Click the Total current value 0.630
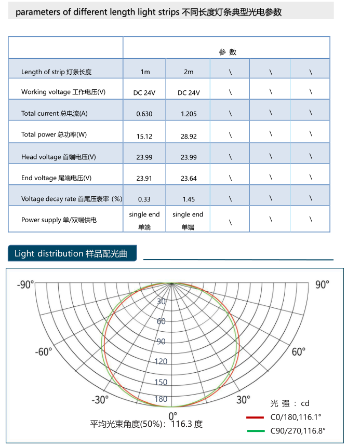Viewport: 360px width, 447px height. tap(144, 114)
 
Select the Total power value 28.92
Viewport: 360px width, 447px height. tap(189, 136)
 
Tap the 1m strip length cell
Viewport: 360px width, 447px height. tap(145, 72)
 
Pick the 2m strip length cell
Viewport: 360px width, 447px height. tap(189, 72)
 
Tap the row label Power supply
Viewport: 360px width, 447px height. tap(59, 220)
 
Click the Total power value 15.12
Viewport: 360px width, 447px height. tap(144, 136)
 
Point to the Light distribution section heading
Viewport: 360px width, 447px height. tap(75, 253)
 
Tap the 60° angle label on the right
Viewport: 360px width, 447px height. tap(299, 351)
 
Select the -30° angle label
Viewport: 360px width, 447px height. tap(100, 399)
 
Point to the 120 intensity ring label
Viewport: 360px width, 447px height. tap(161, 361)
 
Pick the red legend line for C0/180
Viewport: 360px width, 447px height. tap(256, 416)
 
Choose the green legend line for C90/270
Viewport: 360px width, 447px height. tap(256, 430)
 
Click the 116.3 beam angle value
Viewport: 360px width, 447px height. tap(182, 424)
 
